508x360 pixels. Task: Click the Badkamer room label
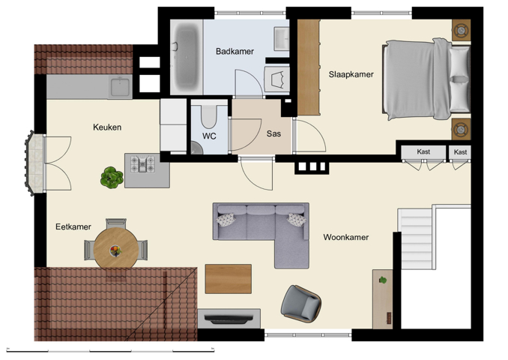235,52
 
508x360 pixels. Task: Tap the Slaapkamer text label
351,74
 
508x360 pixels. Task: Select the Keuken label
107,127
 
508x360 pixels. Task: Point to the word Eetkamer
73,226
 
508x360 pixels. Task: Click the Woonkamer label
345,238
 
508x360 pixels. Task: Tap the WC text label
209,136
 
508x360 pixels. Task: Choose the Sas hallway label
273,134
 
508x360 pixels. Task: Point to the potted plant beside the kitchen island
112,177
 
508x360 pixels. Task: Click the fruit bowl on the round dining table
115,250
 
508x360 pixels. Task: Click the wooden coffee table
229,279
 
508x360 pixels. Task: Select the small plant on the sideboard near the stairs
383,280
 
